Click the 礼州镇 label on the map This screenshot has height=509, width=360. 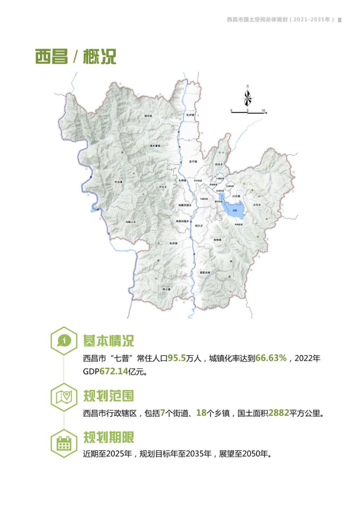189,115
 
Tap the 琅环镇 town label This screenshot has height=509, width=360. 148,116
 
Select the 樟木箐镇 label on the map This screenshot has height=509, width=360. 155,146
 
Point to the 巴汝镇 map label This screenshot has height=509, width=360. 118,181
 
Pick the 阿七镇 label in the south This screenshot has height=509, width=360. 167,290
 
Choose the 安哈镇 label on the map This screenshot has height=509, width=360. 218,240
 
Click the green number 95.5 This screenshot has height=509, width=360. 177,358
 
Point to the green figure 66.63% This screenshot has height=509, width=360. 271,358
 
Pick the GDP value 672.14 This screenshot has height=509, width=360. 112,372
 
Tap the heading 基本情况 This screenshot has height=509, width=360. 108,340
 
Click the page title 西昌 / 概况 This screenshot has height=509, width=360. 76,57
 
